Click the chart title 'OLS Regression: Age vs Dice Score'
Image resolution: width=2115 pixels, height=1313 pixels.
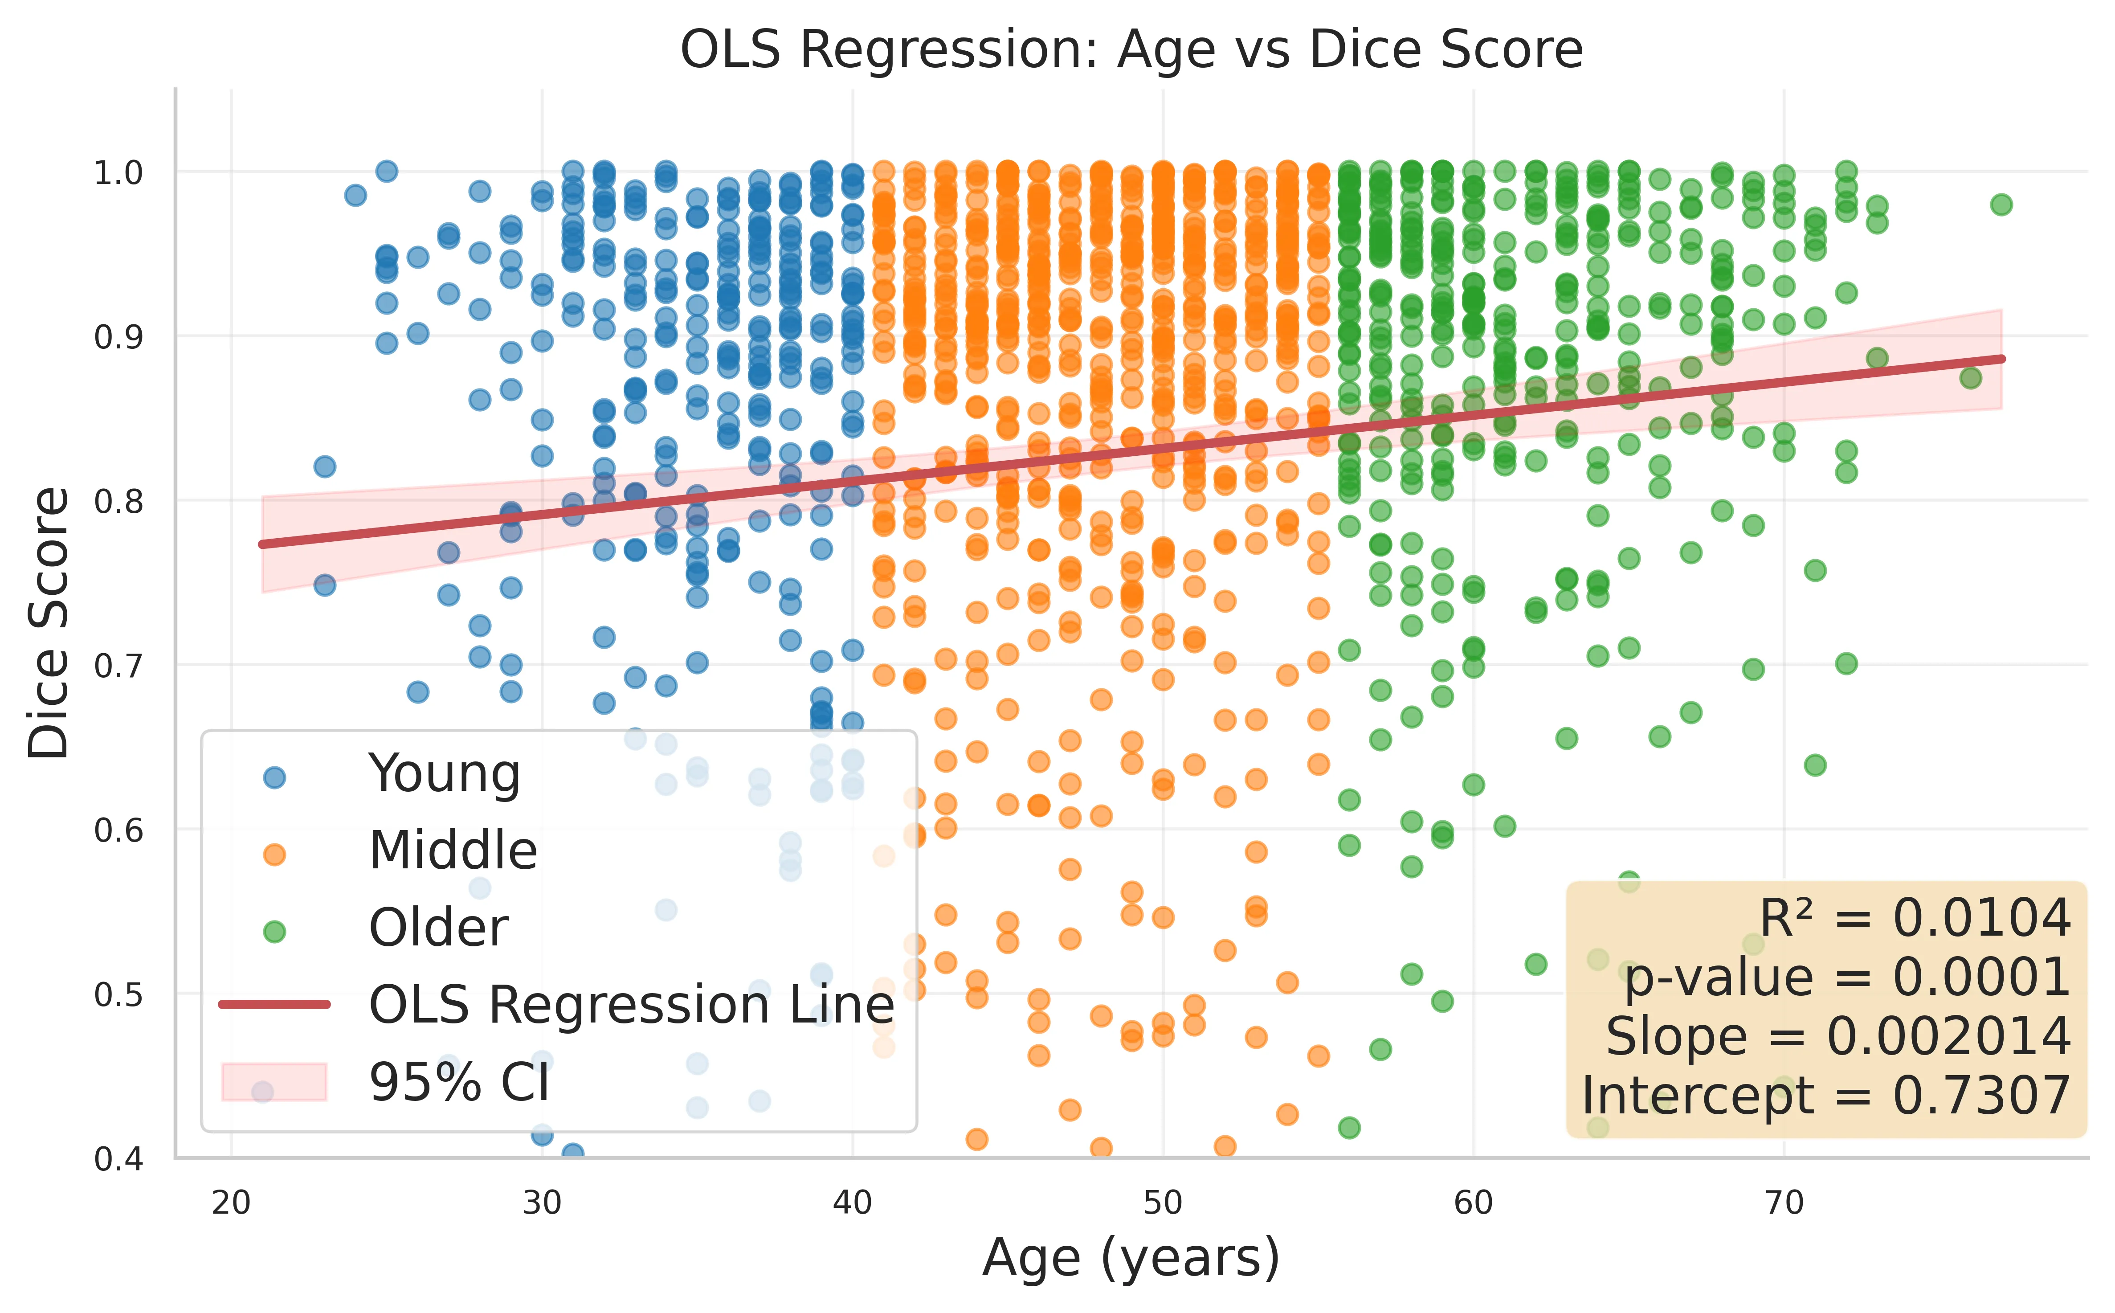click(x=1131, y=49)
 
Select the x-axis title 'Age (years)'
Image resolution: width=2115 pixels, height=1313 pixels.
click(x=1131, y=1258)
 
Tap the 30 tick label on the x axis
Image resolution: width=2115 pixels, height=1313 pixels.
click(x=542, y=1203)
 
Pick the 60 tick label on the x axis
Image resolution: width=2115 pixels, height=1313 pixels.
click(x=1474, y=1203)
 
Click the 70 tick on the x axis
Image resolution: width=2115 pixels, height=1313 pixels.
click(x=1784, y=1203)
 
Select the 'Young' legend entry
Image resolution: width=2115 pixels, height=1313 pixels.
click(x=445, y=774)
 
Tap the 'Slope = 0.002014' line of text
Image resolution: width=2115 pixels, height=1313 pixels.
click(x=1838, y=1037)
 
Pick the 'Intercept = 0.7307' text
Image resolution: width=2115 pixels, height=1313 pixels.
click(x=1826, y=1096)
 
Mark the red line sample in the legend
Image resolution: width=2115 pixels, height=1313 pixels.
click(x=274, y=1005)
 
